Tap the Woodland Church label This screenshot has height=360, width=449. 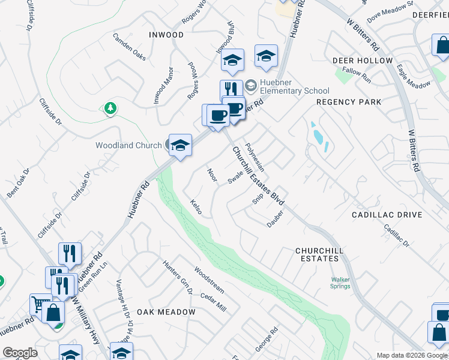[x=128, y=145]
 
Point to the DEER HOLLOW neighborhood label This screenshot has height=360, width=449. [x=363, y=61]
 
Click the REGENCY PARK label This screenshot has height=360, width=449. [x=349, y=102]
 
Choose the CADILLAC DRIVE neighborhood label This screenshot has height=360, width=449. [x=387, y=215]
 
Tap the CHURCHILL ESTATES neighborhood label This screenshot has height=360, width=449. [x=317, y=254]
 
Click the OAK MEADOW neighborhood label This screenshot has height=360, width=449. [x=166, y=312]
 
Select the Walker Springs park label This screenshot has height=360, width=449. [x=340, y=282]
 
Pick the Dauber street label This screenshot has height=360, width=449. [x=275, y=220]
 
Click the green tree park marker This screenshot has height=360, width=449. [x=109, y=108]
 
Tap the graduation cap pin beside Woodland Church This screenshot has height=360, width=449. [x=180, y=145]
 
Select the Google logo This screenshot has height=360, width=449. [x=20, y=353]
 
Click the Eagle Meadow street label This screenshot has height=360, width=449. [x=415, y=79]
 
